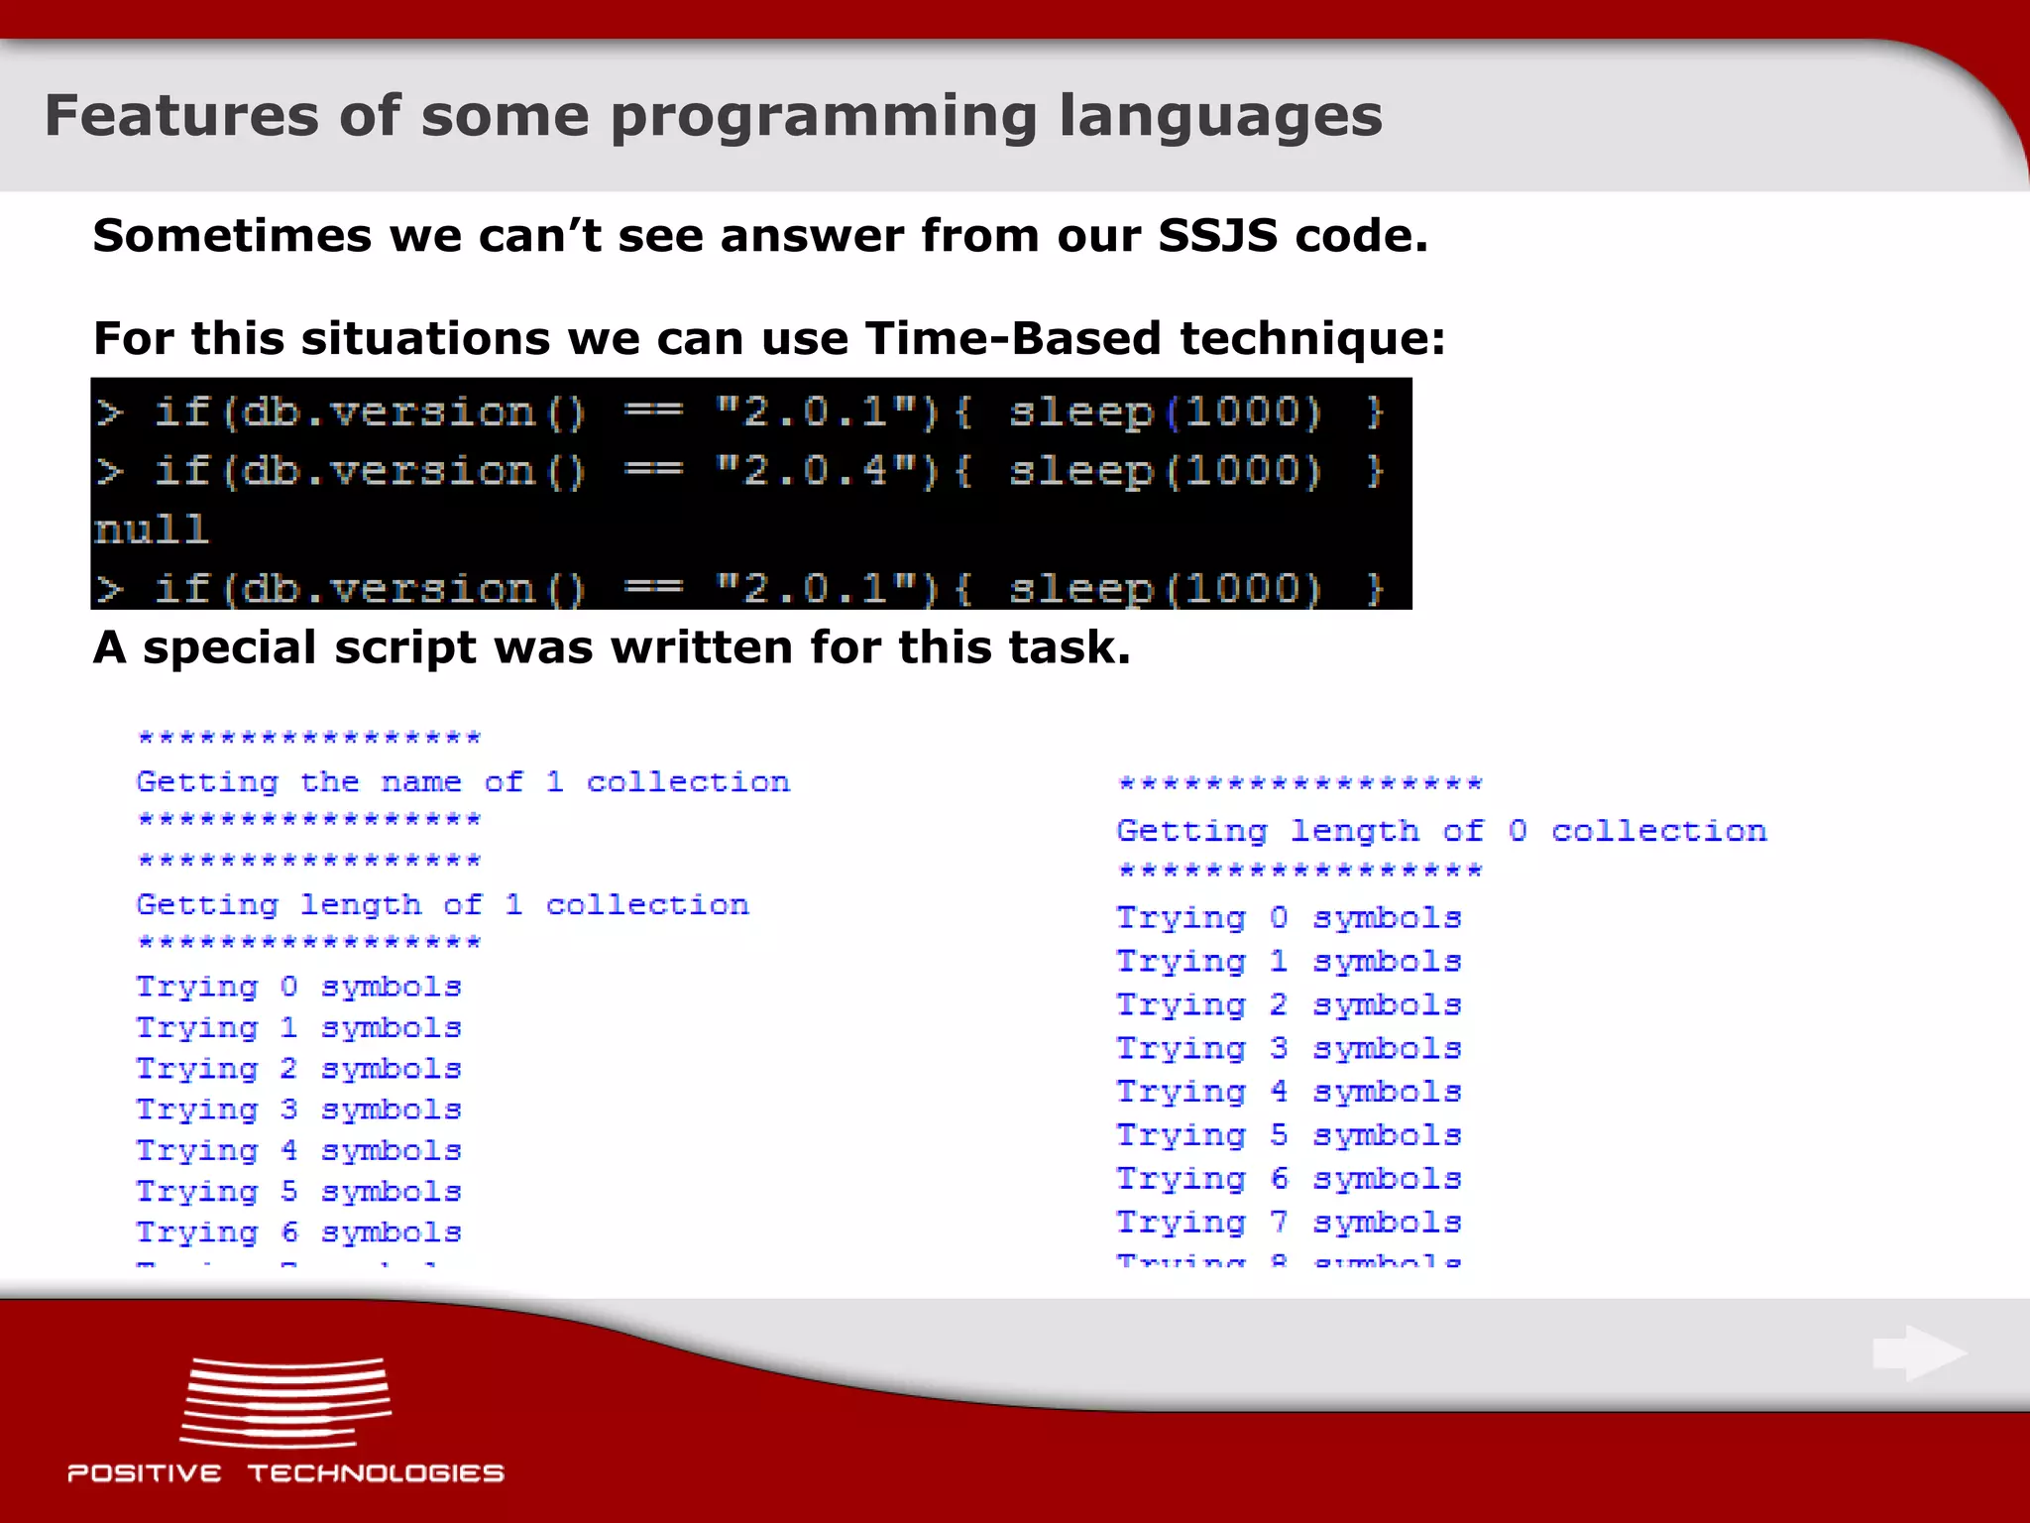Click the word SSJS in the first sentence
pyautogui.click(x=1217, y=236)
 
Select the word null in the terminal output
pyautogui.click(x=151, y=529)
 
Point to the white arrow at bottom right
pyautogui.click(x=1919, y=1352)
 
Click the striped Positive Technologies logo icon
pyautogui.click(x=285, y=1402)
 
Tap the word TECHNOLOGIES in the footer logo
pyautogui.click(x=376, y=1473)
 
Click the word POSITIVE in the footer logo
pyautogui.click(x=145, y=1473)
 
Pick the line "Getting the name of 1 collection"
pyautogui.click(x=463, y=782)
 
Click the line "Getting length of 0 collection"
pyautogui.click(x=1440, y=831)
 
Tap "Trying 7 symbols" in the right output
pyautogui.click(x=1289, y=1223)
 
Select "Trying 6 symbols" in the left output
pyautogui.click(x=298, y=1232)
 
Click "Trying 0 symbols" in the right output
pyautogui.click(x=1289, y=918)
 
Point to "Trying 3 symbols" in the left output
pyautogui.click(x=298, y=1110)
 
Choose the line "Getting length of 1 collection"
pyautogui.click(x=442, y=904)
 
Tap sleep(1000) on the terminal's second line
pyautogui.click(x=1166, y=471)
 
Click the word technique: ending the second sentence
pyautogui.click(x=1312, y=338)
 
